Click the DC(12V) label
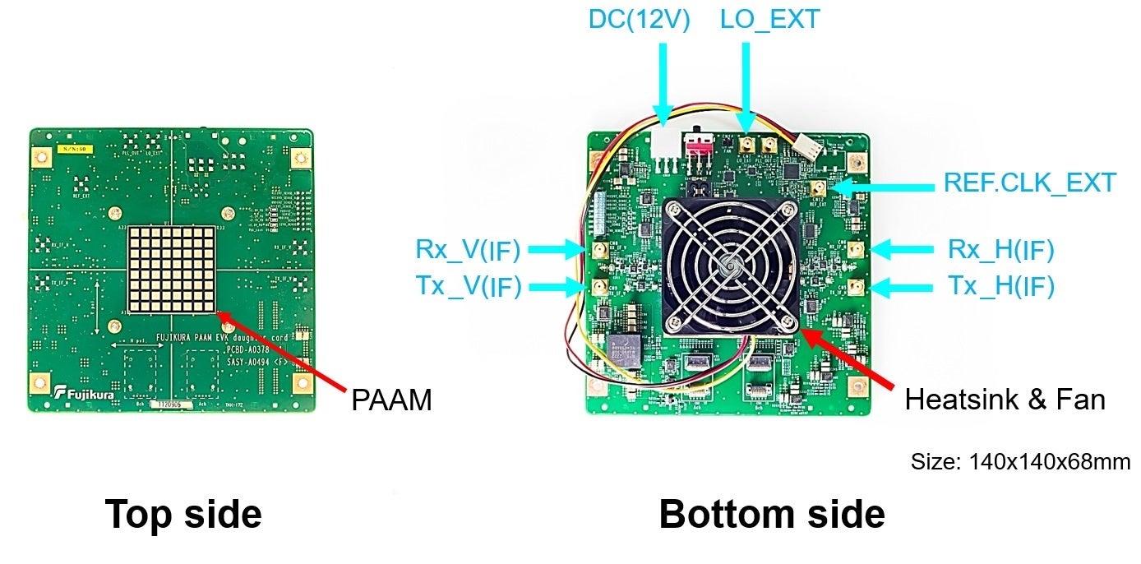(639, 19)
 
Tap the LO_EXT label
(769, 19)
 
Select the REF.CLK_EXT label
(1029, 183)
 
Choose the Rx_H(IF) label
(1000, 248)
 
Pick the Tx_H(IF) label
(1000, 286)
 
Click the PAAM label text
(390, 400)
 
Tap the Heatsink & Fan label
(1005, 400)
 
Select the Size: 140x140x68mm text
(1019, 461)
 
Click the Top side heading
(183, 514)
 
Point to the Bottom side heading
(772, 514)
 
